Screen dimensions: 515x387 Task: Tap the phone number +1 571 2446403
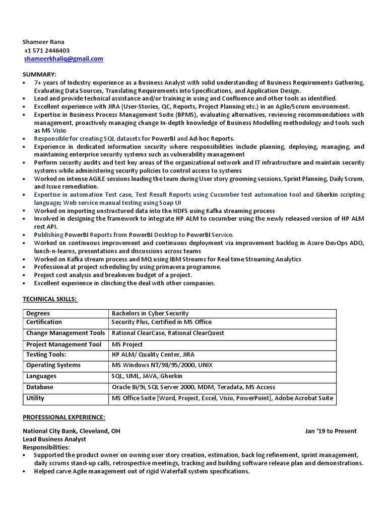tap(47, 50)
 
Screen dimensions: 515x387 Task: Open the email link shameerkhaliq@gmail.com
tap(63, 59)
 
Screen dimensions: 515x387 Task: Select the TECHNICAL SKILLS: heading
tap(50, 299)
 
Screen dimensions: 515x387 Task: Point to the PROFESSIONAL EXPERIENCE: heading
tap(64, 417)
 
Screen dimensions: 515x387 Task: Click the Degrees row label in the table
tap(38, 313)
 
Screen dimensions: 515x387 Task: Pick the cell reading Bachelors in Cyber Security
tap(150, 313)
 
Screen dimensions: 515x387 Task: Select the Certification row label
tap(44, 322)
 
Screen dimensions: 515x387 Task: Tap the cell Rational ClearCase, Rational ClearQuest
tap(168, 333)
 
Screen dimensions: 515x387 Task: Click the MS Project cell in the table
tap(127, 345)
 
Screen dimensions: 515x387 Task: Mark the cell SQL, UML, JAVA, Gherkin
tap(147, 376)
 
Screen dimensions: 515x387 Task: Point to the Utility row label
tap(35, 398)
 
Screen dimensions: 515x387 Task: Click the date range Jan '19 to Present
tap(331, 431)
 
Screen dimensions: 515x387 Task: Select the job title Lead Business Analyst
tap(54, 439)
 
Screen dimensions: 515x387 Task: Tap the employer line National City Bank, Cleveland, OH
tap(72, 431)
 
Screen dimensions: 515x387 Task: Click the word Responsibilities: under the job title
tap(46, 447)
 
